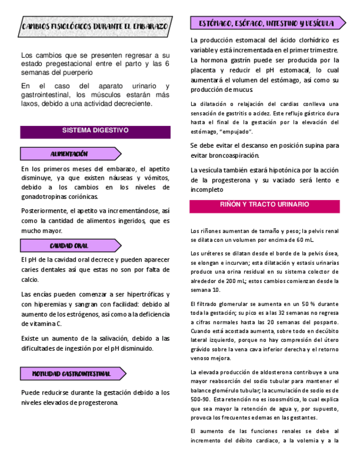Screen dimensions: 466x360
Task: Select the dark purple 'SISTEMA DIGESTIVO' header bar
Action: point(95,131)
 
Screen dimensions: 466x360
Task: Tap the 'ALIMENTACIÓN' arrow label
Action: point(70,154)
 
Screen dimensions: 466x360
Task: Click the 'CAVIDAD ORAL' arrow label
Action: point(70,246)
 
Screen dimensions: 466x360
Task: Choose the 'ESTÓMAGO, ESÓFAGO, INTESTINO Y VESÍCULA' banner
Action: point(267,24)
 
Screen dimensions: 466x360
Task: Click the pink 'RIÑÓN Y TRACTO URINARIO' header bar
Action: point(264,205)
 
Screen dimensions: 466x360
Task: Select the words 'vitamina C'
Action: point(47,324)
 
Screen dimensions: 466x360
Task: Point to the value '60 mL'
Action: point(304,240)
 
